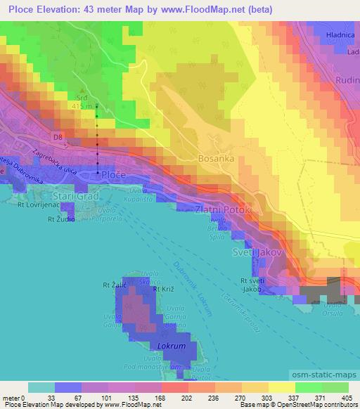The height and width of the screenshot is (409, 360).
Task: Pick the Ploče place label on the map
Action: coord(114,174)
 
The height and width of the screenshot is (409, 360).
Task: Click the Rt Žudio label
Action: coord(61,219)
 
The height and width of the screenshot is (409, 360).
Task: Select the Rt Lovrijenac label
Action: coord(28,205)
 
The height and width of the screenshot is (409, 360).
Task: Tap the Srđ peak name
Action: coord(83,98)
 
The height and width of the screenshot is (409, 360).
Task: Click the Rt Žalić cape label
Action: coord(114,285)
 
